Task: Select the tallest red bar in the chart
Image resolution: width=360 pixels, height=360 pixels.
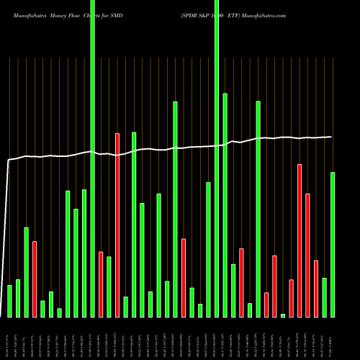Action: [117, 225]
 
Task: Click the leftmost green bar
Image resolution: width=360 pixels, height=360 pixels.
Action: [9, 301]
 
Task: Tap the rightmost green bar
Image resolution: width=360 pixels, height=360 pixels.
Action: [333, 245]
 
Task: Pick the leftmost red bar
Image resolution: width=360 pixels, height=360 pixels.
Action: [35, 279]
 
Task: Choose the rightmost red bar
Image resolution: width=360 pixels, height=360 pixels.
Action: [316, 288]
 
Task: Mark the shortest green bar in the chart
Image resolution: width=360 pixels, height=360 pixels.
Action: [283, 315]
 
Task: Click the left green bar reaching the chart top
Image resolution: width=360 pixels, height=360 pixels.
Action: [92, 158]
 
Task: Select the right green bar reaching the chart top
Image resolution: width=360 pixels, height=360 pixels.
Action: [217, 158]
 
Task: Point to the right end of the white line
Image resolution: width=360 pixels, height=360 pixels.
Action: [332, 137]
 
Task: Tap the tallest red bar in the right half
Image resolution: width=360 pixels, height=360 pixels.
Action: [300, 240]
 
